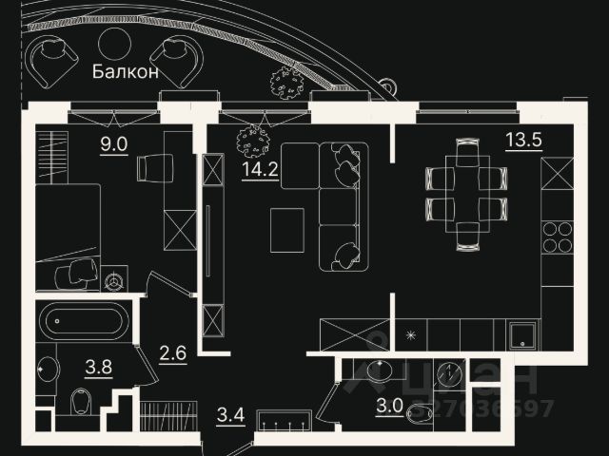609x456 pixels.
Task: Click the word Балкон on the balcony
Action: coord(126,72)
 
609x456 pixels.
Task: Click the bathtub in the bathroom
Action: coord(82,321)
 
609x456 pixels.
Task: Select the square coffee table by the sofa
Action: coord(286,230)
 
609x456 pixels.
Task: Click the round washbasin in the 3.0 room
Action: coord(385,370)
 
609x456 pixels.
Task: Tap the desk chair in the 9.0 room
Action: coord(152,168)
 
